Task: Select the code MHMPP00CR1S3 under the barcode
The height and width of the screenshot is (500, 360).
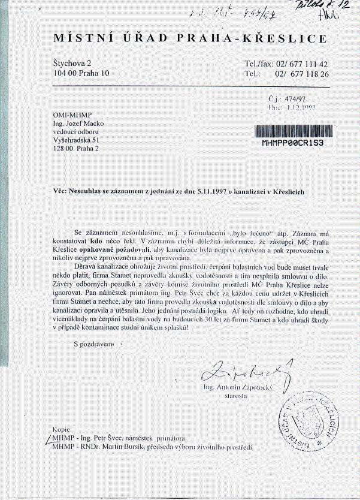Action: click(293, 144)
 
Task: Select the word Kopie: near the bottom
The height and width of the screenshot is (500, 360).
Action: click(62, 430)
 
